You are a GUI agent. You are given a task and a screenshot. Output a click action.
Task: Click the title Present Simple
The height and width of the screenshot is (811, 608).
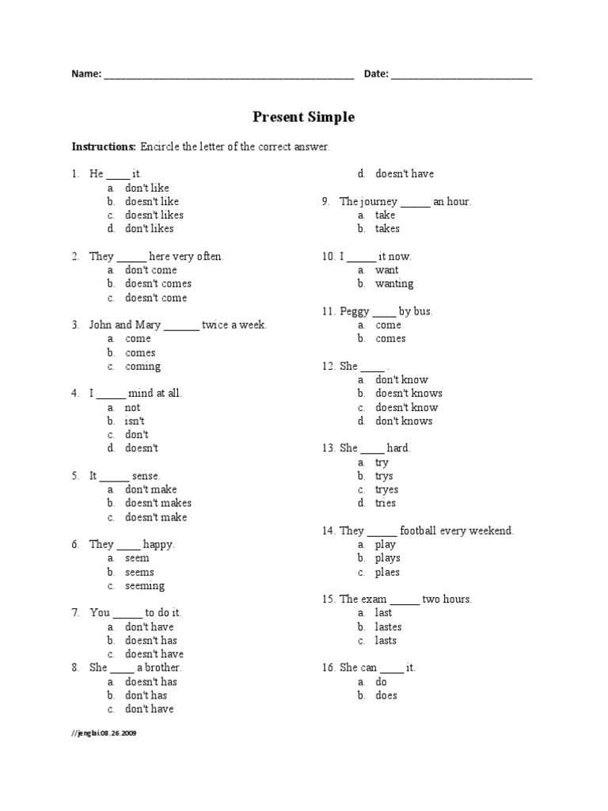(x=303, y=117)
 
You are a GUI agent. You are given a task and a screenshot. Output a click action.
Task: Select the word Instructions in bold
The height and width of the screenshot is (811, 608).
(x=104, y=147)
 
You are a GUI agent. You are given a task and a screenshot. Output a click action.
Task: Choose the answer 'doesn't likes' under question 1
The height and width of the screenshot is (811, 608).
(x=154, y=215)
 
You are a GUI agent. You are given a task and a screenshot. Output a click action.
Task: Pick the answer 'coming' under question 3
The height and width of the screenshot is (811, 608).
(x=142, y=366)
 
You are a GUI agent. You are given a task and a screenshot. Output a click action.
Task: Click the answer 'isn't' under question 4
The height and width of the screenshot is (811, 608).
(x=135, y=421)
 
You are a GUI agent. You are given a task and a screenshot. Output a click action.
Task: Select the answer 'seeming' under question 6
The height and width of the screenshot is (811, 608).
(x=145, y=585)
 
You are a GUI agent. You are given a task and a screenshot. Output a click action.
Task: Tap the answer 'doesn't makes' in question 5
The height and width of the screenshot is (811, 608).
(x=158, y=503)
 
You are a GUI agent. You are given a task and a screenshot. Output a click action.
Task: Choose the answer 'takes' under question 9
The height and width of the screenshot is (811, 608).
(x=387, y=228)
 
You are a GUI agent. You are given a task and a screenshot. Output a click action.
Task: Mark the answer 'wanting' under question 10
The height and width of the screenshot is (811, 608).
(x=393, y=284)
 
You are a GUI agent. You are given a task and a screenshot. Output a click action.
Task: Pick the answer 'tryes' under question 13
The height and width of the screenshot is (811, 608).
(x=386, y=489)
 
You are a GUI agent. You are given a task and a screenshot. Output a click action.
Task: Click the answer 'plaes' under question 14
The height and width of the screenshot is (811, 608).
(x=387, y=572)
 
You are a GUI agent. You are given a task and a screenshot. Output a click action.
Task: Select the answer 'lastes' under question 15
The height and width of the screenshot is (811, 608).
(x=388, y=626)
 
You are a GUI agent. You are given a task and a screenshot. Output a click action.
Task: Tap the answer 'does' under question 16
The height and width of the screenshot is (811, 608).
(x=386, y=695)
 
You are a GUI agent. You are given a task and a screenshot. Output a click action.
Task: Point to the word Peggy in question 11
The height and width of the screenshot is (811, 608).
(x=355, y=311)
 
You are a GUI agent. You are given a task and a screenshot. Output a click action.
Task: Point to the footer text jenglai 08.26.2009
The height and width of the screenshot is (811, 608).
(x=104, y=733)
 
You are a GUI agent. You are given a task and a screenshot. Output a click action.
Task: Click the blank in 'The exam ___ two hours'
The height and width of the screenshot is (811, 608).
(x=405, y=600)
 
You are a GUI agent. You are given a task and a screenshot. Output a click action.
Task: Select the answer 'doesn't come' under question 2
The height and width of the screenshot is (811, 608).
(x=156, y=297)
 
